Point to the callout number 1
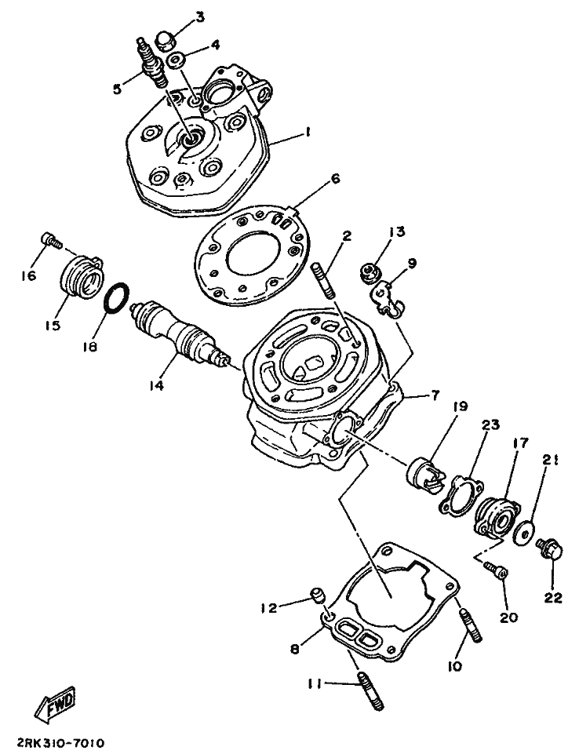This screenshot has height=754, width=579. (308, 133)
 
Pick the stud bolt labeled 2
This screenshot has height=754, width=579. (326, 281)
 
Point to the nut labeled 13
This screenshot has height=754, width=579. (366, 272)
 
